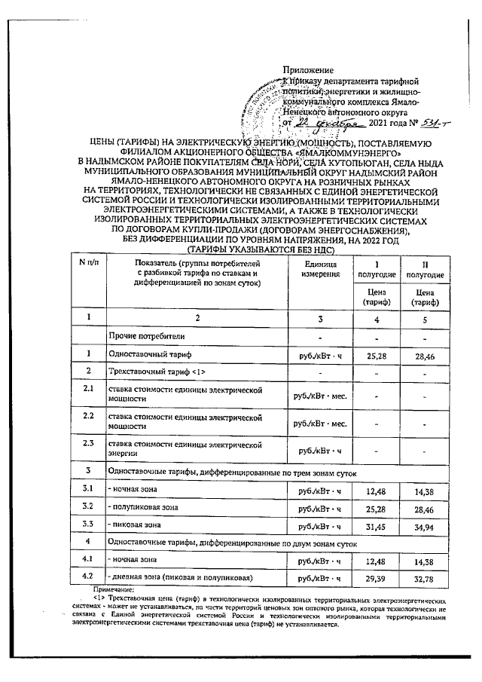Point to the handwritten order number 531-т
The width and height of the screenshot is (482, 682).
(x=409, y=124)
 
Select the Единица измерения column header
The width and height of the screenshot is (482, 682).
(x=320, y=267)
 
